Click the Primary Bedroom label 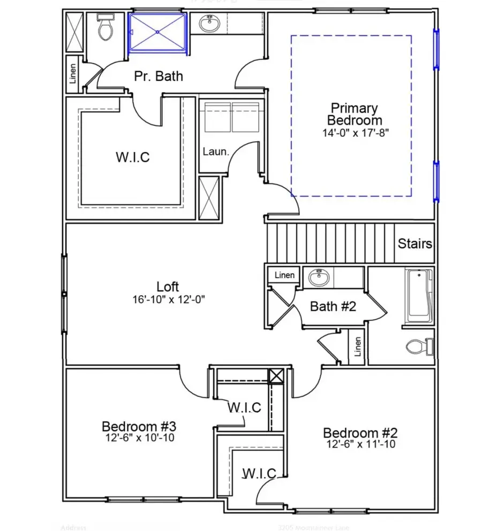click(x=354, y=114)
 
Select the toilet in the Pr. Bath click(x=105, y=29)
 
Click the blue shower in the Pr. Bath click(x=158, y=33)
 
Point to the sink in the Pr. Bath click(x=208, y=23)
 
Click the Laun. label click(x=215, y=152)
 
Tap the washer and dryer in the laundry click(x=232, y=118)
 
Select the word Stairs click(x=415, y=244)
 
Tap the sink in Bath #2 click(x=320, y=278)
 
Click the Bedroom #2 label click(x=359, y=433)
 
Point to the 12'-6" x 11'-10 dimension click(x=359, y=444)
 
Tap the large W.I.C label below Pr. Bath click(x=132, y=158)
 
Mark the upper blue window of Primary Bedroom click(x=436, y=49)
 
